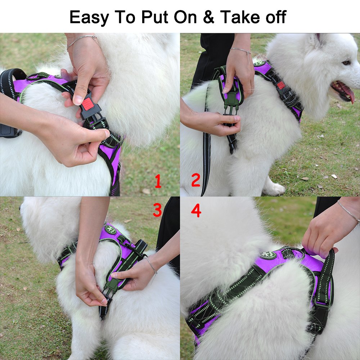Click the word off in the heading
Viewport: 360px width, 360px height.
click(x=275, y=17)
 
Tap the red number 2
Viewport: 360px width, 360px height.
click(x=195, y=180)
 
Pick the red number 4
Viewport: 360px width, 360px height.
click(x=196, y=211)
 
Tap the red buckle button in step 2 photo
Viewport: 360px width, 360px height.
click(x=281, y=85)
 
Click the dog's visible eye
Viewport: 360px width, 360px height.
click(x=346, y=63)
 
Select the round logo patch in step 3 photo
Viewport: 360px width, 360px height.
click(x=110, y=229)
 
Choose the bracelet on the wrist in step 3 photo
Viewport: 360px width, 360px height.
click(x=152, y=266)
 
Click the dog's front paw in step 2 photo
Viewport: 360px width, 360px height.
click(x=275, y=189)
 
